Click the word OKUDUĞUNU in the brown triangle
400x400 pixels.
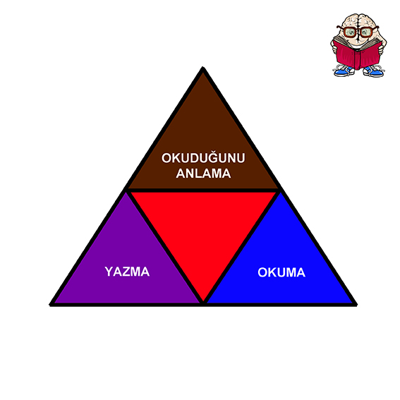(x=203, y=157)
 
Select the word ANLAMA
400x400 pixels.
(x=203, y=174)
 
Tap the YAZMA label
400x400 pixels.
(x=127, y=272)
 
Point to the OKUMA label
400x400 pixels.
(x=281, y=272)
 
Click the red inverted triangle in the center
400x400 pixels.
(x=203, y=229)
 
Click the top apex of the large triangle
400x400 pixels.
(x=202, y=67)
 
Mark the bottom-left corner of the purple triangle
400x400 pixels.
(x=50, y=305)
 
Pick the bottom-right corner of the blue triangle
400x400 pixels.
(x=356, y=305)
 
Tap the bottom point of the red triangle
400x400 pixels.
(x=203, y=301)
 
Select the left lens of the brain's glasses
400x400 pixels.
(x=350, y=32)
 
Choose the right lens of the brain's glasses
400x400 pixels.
(x=366, y=32)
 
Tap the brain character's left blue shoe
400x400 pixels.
(x=344, y=71)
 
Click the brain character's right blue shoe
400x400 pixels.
(x=373, y=72)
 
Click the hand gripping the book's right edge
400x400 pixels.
(x=381, y=49)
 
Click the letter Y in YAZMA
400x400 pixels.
(x=109, y=272)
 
